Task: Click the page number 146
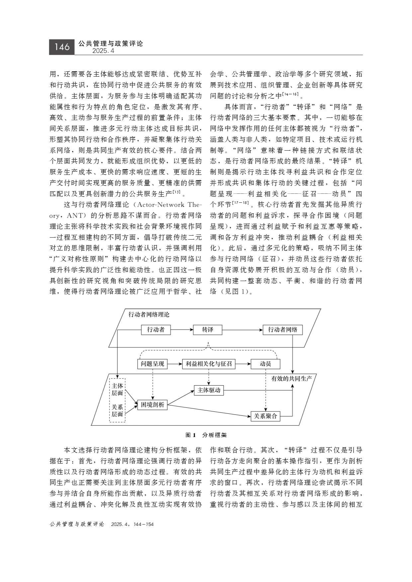62,47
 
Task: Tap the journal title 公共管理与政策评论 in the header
111,43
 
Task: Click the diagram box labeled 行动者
155,330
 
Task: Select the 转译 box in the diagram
208,330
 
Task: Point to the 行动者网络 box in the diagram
282,330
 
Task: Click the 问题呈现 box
152,364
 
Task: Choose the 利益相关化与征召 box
209,364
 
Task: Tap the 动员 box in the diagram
265,364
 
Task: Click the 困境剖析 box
152,404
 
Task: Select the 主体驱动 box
209,390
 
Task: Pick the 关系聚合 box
265,416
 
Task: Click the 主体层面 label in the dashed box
117,389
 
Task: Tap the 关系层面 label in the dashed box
117,410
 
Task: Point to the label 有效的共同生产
291,378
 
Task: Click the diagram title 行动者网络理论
149,315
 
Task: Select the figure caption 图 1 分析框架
206,435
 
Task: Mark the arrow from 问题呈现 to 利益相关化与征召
175,364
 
